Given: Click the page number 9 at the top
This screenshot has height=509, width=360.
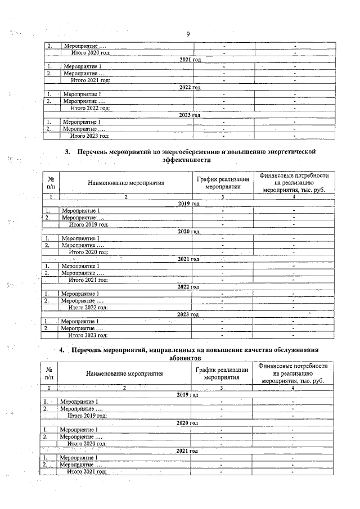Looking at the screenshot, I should [x=188, y=34].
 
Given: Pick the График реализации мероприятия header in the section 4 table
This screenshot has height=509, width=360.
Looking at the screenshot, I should [x=222, y=373].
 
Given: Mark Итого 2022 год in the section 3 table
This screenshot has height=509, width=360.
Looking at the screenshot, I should [x=88, y=307].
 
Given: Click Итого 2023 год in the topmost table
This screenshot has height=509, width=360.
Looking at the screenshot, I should [x=89, y=136].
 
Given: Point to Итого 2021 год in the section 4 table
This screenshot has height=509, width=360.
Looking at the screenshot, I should [x=87, y=472].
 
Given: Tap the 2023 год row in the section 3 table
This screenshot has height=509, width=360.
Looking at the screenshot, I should [x=188, y=314].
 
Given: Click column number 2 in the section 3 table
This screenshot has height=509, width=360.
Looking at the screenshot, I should [x=125, y=197].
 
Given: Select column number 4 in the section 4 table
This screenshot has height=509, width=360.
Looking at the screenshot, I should [x=293, y=388].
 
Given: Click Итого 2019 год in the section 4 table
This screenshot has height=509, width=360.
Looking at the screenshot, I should [x=87, y=415].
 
